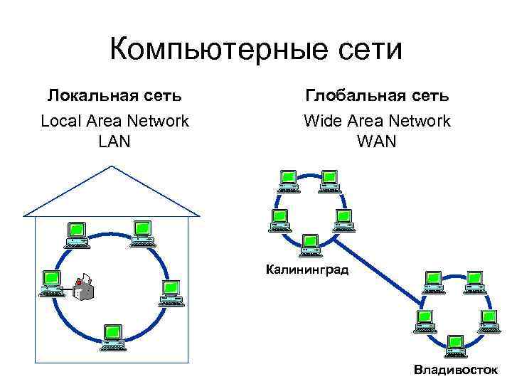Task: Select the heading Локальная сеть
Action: coord(114,95)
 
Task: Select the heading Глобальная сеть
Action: coord(377,95)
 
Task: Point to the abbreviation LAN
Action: coord(114,141)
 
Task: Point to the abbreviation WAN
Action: coord(377,141)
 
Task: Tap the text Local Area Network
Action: coord(114,121)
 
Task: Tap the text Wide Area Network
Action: coord(377,121)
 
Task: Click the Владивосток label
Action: coord(456,370)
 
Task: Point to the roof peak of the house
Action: coord(112,166)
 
